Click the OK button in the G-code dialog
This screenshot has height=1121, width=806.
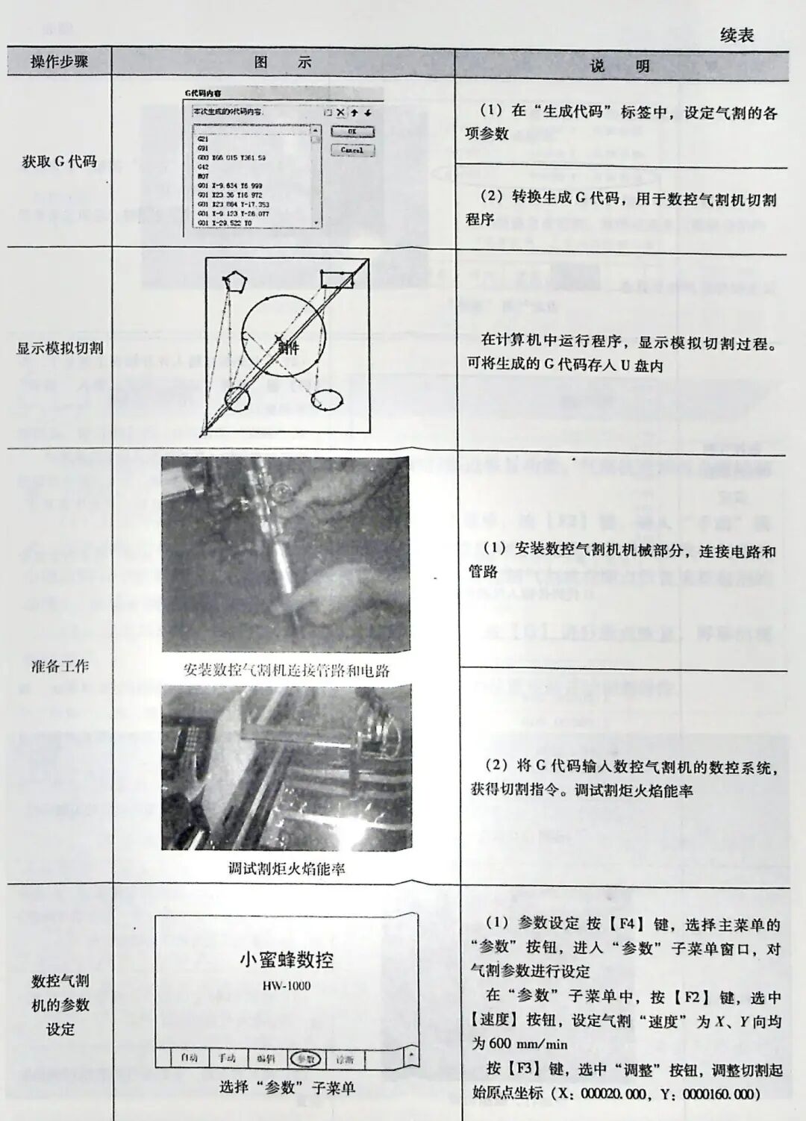tap(352, 132)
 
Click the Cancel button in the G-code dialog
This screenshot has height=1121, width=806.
tap(352, 150)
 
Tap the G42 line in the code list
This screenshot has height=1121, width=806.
tap(203, 167)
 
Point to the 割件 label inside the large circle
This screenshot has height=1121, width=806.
tap(288, 348)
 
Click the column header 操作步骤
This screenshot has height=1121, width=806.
tap(59, 62)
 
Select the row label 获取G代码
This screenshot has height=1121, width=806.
tap(59, 161)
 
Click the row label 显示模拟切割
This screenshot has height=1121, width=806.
tap(60, 349)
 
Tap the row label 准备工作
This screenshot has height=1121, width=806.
tap(60, 666)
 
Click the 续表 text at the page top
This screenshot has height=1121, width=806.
tap(737, 35)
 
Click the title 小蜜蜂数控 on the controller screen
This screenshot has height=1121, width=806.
tap(286, 960)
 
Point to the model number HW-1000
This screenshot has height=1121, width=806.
tap(286, 986)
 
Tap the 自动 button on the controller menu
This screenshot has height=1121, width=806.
tap(188, 1058)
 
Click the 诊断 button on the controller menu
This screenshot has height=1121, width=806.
tap(344, 1058)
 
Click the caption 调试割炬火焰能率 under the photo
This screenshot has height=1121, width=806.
tap(286, 868)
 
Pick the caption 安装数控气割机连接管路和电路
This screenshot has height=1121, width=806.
tap(286, 669)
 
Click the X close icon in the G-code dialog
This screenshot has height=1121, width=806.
tap(341, 113)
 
